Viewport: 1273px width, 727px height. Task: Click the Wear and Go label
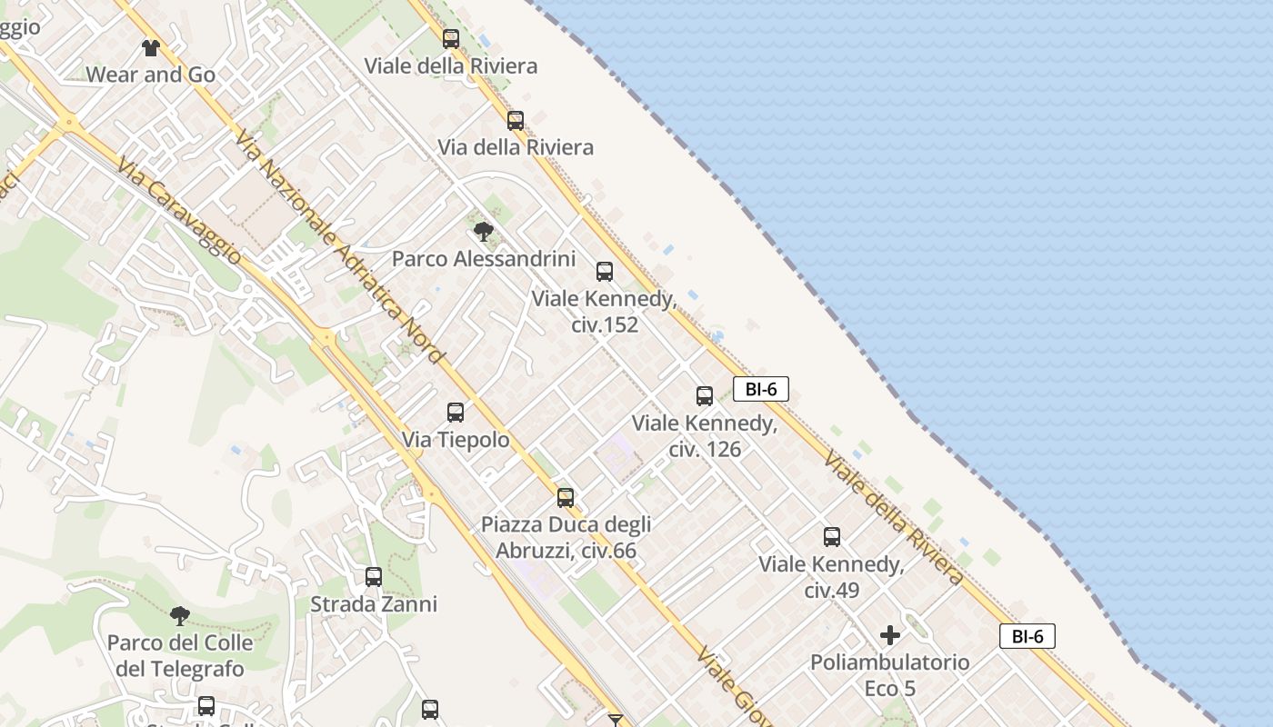pyautogui.click(x=151, y=75)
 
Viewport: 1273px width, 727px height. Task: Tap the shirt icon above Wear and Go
pyautogui.click(x=151, y=47)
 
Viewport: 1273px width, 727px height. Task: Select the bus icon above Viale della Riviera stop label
pyautogui.click(x=451, y=39)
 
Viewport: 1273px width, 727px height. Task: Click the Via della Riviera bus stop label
pyautogui.click(x=516, y=147)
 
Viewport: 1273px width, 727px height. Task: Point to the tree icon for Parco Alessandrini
pyautogui.click(x=484, y=232)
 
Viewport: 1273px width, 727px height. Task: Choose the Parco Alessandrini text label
pyautogui.click(x=484, y=259)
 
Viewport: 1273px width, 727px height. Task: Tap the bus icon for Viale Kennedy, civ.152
pyautogui.click(x=605, y=272)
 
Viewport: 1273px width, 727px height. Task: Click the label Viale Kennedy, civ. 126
pyautogui.click(x=705, y=435)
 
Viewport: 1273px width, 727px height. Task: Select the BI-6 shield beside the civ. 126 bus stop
pyautogui.click(x=760, y=389)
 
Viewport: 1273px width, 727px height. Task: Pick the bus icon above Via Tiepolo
pyautogui.click(x=456, y=413)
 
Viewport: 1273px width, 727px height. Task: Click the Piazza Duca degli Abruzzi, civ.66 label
pyautogui.click(x=566, y=537)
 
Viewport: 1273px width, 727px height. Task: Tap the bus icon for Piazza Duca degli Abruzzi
pyautogui.click(x=566, y=498)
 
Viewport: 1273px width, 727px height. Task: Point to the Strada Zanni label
pyautogui.click(x=374, y=604)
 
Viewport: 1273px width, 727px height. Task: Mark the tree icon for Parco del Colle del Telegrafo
pyautogui.click(x=180, y=616)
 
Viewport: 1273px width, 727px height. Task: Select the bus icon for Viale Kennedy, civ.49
pyautogui.click(x=832, y=537)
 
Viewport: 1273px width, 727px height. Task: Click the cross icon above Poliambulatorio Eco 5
pyautogui.click(x=890, y=635)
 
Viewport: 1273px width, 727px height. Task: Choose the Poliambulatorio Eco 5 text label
pyautogui.click(x=890, y=675)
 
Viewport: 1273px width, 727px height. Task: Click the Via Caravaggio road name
pyautogui.click(x=180, y=213)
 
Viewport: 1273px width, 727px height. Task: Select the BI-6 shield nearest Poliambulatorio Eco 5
pyautogui.click(x=1027, y=636)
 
